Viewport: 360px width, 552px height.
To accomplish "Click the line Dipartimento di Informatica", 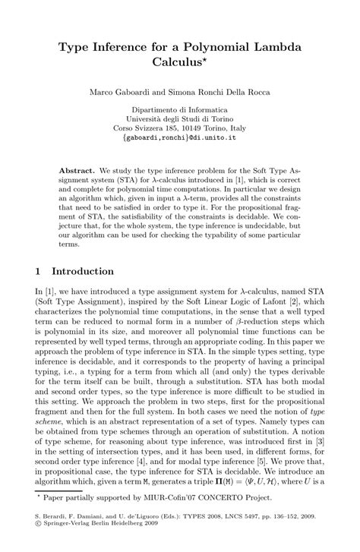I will click(180, 109).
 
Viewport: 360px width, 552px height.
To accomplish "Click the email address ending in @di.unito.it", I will click(180, 140).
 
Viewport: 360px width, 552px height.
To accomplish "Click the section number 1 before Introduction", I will click(38, 271).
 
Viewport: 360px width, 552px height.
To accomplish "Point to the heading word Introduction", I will click(83, 271).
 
